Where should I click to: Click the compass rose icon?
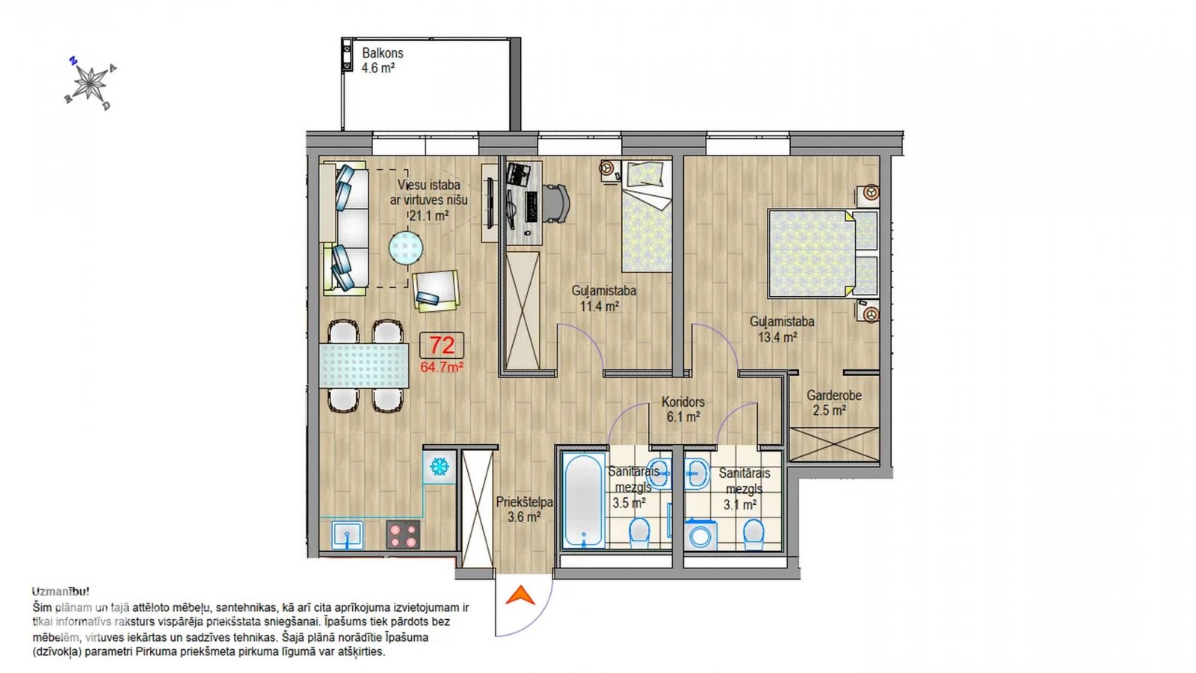pos(90,83)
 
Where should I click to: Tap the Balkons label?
pos(382,53)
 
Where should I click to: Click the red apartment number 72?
pos(442,345)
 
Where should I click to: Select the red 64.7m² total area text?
pos(442,367)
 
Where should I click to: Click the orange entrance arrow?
pos(520,595)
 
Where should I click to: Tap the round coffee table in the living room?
pos(406,248)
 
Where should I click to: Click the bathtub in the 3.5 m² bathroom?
pos(584,500)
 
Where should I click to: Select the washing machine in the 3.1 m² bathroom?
pos(700,535)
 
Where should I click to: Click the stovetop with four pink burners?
pos(403,535)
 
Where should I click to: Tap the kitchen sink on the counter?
pos(348,535)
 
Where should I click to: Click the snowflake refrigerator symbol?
pos(440,467)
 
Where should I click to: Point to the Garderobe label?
pos(834,396)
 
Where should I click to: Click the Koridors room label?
pos(683,402)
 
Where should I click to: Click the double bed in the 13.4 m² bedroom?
pos(823,253)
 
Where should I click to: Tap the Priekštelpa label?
pos(524,502)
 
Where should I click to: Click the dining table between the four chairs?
pos(363,366)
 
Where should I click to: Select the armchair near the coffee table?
pos(436,291)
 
